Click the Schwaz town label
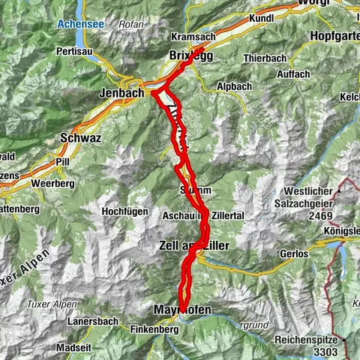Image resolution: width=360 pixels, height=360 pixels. point(78,138)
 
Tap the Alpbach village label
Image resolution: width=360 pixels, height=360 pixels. point(215,86)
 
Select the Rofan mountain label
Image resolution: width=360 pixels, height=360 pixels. point(131,23)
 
